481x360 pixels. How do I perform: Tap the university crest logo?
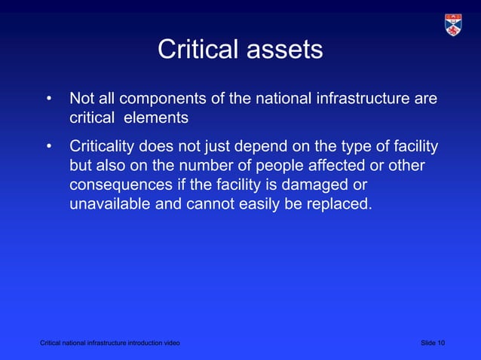[x=454, y=24]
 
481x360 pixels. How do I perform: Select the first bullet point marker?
[x=49, y=99]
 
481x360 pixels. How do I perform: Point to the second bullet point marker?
[x=49, y=146]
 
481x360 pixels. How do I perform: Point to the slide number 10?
[x=441, y=344]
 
